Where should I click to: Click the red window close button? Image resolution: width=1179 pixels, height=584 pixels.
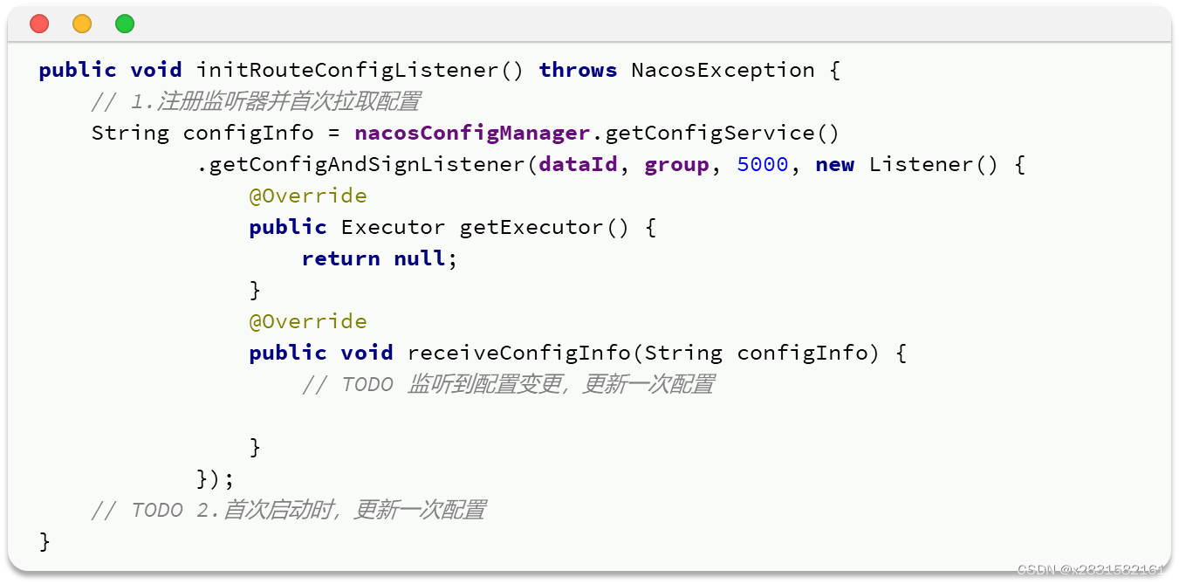tap(39, 24)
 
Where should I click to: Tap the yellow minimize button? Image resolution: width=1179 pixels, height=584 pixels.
tap(82, 24)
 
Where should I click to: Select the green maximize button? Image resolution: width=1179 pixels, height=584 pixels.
tap(125, 24)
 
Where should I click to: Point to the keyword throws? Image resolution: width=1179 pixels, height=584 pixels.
tap(578, 70)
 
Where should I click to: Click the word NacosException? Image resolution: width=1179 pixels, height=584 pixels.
tap(723, 70)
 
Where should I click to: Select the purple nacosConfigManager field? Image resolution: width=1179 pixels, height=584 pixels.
tap(472, 133)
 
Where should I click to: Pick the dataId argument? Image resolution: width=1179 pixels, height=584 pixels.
tap(578, 164)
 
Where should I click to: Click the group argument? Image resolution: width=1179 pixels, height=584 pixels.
tap(676, 164)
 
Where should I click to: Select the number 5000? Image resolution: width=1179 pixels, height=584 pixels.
tap(762, 164)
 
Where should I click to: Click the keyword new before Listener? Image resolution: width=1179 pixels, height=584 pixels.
tap(834, 164)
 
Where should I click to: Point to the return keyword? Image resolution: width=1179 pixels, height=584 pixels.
tap(340, 258)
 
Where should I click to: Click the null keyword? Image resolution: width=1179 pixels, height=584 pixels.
tap(419, 258)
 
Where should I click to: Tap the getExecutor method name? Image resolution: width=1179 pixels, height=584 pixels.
tap(531, 227)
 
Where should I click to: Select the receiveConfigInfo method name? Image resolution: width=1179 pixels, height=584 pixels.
tap(518, 353)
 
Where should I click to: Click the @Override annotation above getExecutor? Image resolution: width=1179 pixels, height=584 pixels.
tap(307, 196)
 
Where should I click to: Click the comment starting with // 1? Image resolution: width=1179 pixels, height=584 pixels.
tap(255, 101)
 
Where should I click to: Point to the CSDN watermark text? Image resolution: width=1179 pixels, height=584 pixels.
tap(1091, 569)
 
